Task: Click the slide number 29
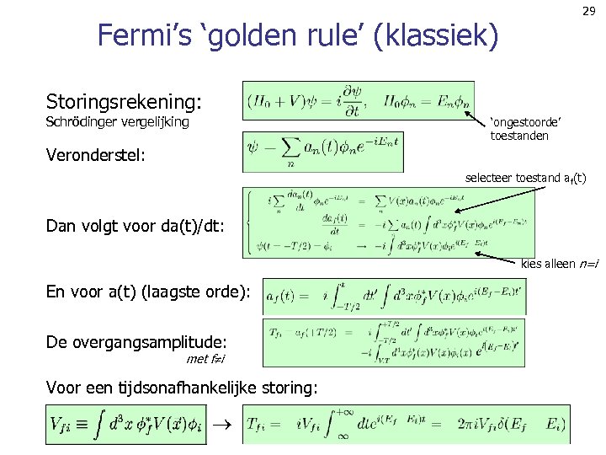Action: pyautogui.click(x=588, y=11)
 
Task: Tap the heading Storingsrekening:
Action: pyautogui.click(x=124, y=102)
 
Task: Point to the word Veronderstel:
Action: pyautogui.click(x=96, y=155)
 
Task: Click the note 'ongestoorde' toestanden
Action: pyautogui.click(x=525, y=129)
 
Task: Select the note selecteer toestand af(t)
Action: pyautogui.click(x=525, y=178)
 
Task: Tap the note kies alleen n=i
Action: pyautogui.click(x=560, y=265)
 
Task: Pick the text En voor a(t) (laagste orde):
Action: pyautogui.click(x=148, y=292)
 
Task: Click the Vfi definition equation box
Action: pyautogui.click(x=125, y=425)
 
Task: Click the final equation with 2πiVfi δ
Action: pyautogui.click(x=407, y=425)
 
